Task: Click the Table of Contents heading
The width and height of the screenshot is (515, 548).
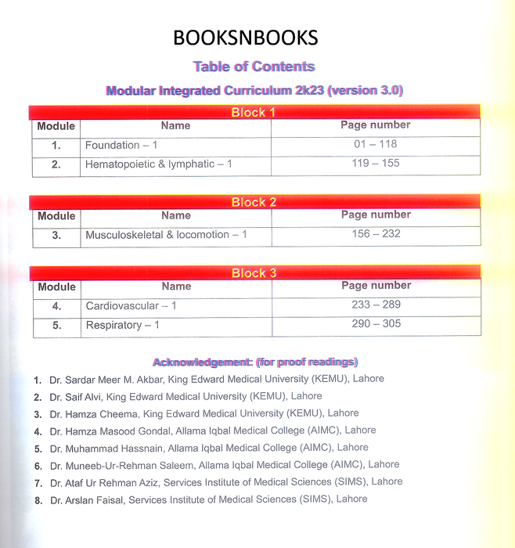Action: click(x=254, y=67)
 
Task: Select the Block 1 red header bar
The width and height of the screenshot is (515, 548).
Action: click(x=254, y=112)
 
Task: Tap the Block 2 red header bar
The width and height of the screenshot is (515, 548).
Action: click(x=254, y=202)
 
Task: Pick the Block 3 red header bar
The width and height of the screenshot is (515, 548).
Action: click(x=254, y=272)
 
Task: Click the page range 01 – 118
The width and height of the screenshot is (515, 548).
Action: click(x=376, y=144)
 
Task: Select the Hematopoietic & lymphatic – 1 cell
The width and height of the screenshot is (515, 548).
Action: click(x=159, y=164)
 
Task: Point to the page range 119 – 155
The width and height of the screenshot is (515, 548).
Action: click(x=376, y=164)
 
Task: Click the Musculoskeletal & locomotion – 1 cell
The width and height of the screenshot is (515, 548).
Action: click(x=167, y=235)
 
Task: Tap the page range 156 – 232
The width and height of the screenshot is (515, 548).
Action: click(x=376, y=234)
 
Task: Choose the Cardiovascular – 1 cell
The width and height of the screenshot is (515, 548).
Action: click(x=131, y=305)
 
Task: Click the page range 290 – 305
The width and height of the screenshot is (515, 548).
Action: click(x=376, y=324)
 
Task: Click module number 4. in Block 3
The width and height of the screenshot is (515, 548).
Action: click(x=56, y=306)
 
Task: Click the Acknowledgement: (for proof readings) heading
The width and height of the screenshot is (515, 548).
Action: click(x=255, y=362)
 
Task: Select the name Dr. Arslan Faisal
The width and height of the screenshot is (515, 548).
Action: click(x=87, y=499)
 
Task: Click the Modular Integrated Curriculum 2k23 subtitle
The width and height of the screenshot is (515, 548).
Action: click(x=254, y=91)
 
